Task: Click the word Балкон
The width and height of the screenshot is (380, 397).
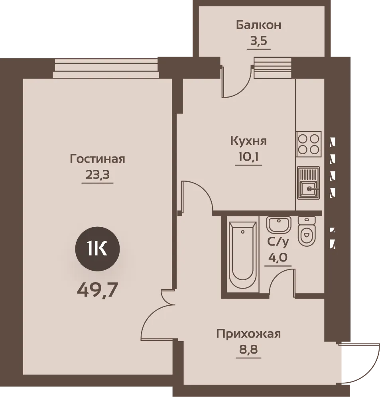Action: coord(258,26)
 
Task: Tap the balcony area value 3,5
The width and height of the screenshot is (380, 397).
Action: coord(259,41)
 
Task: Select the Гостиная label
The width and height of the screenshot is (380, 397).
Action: coord(98,159)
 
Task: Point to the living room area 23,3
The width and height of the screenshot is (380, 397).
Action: coord(98,175)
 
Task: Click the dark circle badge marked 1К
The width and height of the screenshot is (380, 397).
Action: coord(98,249)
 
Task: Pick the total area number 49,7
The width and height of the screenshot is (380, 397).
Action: coord(98,290)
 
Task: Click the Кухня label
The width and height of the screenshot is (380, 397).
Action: coord(248,141)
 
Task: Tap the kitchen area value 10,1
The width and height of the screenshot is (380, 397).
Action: coord(248,157)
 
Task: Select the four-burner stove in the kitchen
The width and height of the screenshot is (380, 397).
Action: coord(309,144)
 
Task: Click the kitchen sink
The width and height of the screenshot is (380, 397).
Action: coord(308,183)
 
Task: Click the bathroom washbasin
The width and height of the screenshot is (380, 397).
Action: coord(278,225)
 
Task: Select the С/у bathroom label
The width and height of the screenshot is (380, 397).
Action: coord(278,242)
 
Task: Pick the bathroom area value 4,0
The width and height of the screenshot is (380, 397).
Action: coord(278,258)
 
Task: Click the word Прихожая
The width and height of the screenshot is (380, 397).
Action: coord(248,334)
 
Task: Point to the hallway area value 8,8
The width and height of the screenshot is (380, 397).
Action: coord(248,350)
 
